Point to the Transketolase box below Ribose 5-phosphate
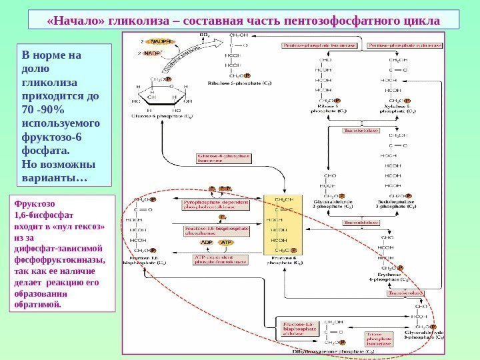click(x=362, y=131)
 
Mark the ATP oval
click(x=225, y=243)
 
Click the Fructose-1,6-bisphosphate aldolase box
click(x=300, y=329)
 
